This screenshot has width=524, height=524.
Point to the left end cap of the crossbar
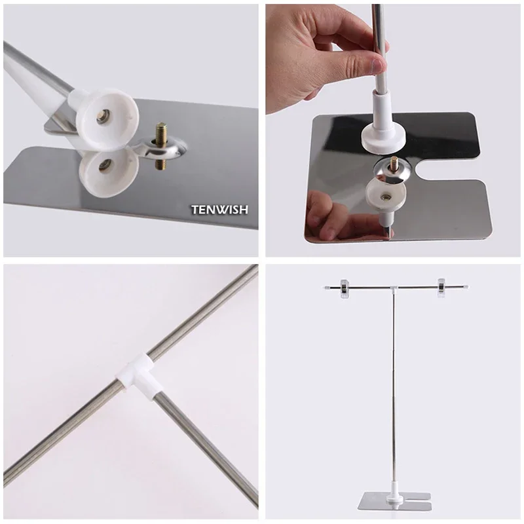[x=326, y=288]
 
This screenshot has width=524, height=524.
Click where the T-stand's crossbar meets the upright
[x=394, y=288]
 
